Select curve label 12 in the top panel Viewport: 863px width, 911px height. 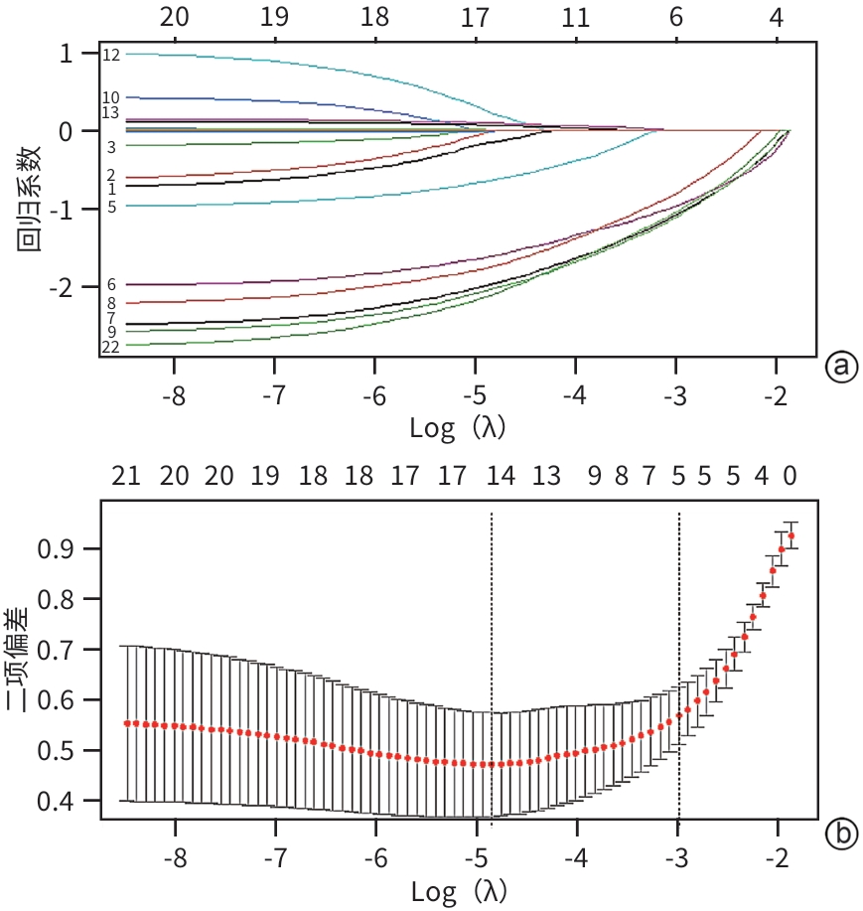pyautogui.click(x=110, y=56)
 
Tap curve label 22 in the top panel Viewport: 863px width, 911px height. pyautogui.click(x=110, y=347)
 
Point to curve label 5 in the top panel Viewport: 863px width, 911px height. pyautogui.click(x=111, y=207)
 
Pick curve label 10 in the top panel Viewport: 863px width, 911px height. pyautogui.click(x=110, y=97)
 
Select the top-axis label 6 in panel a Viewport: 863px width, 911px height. pyautogui.click(x=676, y=18)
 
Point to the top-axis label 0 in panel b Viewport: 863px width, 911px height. pyautogui.click(x=790, y=477)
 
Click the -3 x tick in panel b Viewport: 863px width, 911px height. pyautogui.click(x=676, y=856)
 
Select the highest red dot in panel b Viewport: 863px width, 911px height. pyautogui.click(x=791, y=536)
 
